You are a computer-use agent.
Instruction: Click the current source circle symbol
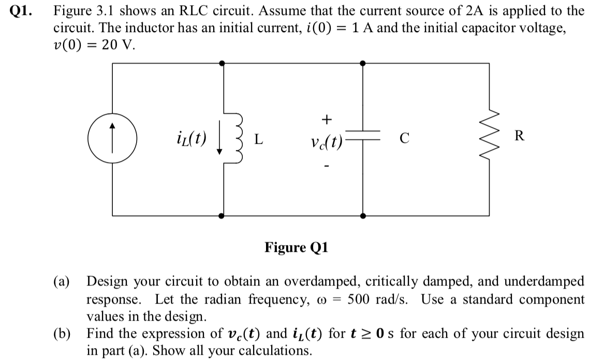tap(112, 139)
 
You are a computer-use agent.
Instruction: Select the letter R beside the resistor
tap(520, 137)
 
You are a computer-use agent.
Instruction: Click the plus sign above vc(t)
tap(326, 119)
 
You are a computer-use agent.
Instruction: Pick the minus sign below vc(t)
tap(326, 167)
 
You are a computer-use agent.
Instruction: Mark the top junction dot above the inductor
tap(223, 63)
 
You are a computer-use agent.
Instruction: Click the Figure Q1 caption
tap(296, 248)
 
